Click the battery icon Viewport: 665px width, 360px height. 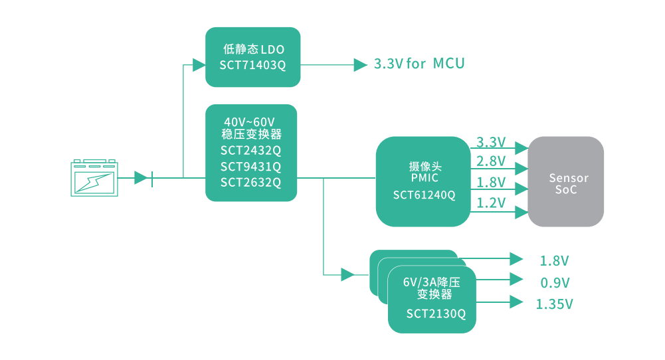94,177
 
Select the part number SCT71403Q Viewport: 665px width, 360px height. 252,65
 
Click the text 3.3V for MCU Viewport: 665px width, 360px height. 419,64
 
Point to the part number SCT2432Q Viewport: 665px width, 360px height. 251,150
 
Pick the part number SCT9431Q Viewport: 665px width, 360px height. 251,166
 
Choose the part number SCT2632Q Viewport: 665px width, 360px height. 251,182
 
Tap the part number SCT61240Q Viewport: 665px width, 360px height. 424,195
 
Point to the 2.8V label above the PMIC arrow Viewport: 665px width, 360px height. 491,161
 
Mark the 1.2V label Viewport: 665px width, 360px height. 491,203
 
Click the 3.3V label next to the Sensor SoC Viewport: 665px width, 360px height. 491,142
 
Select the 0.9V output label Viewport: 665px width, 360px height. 555,283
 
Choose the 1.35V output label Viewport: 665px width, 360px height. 554,304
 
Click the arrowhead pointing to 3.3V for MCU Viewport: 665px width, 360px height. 361,65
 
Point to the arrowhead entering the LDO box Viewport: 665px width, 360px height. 199,65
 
